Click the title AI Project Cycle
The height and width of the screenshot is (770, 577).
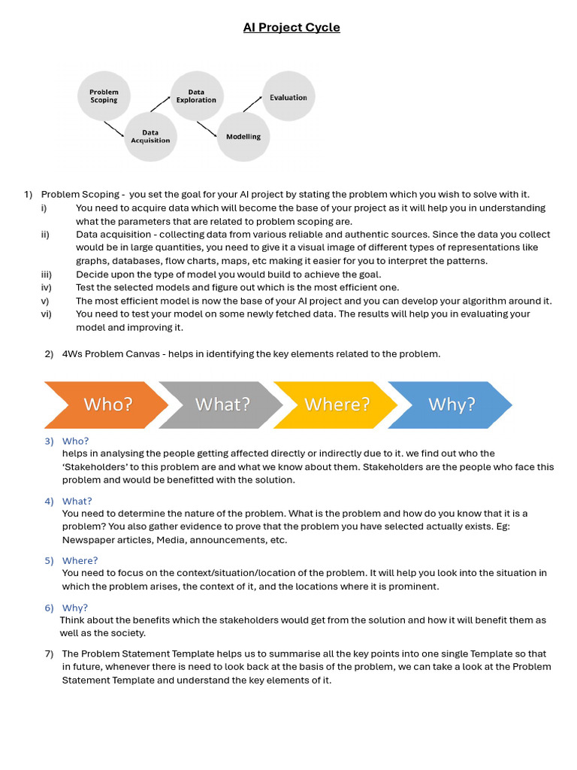click(292, 28)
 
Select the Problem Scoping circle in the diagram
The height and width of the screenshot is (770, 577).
click(104, 96)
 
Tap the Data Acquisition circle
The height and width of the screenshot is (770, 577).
click(150, 136)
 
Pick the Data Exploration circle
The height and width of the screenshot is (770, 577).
click(196, 96)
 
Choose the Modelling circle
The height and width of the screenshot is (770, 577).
click(243, 136)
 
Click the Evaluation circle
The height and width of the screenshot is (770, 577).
click(288, 97)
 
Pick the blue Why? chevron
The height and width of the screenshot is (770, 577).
click(452, 405)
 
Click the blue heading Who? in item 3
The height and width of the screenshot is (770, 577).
click(75, 441)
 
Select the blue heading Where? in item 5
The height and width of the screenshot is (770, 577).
click(80, 560)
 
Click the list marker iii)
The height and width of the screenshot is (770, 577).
click(46, 274)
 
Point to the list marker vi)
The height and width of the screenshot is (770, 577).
click(46, 314)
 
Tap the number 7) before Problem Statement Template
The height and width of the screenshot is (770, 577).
click(49, 653)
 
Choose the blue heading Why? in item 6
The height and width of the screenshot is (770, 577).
click(75, 608)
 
